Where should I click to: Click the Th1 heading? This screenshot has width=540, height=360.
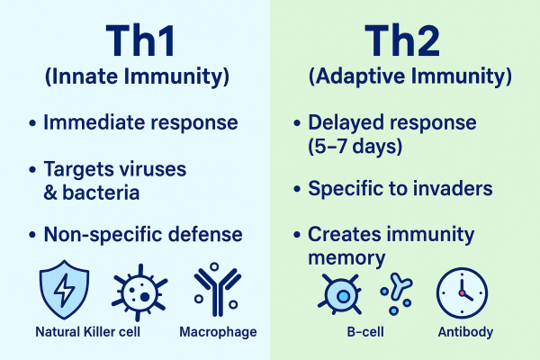click(140, 40)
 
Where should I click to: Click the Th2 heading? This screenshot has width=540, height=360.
click(402, 40)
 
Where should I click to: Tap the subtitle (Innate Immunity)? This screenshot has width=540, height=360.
click(137, 76)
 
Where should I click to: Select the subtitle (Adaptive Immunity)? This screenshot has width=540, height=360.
click(409, 76)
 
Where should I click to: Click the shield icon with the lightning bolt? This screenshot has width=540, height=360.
click(64, 290)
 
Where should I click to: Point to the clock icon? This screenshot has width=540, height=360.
click(462, 292)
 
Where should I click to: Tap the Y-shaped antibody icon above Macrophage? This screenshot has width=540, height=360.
click(216, 290)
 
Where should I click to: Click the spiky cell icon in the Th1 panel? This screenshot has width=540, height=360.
click(139, 292)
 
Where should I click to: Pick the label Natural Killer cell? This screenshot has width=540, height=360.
click(88, 332)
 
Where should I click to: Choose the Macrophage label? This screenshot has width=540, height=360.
click(218, 332)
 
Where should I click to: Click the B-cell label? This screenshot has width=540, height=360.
click(365, 332)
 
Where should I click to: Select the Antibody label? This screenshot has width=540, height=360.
click(465, 332)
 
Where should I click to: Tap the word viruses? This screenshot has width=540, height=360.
click(153, 169)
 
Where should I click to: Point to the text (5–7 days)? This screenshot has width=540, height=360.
click(355, 146)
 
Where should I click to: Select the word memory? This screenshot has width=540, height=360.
click(346, 258)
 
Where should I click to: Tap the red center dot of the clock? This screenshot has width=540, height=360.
click(462, 293)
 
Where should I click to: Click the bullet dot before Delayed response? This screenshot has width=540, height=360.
click(297, 123)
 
